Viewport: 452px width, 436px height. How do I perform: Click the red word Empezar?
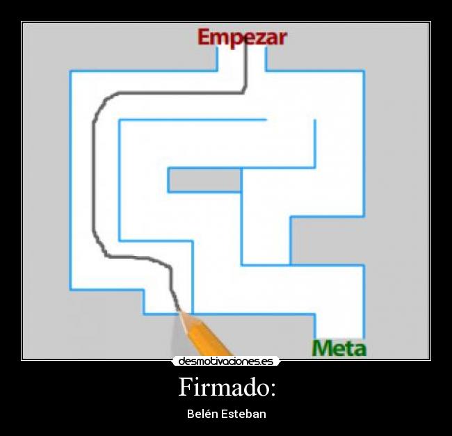coord(241,37)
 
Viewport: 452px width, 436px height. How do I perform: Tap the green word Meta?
coord(339,348)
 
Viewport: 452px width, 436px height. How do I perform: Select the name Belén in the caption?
coord(202,414)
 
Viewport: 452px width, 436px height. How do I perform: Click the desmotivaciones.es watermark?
coord(226,361)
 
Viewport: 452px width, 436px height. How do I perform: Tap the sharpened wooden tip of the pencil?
coord(184,317)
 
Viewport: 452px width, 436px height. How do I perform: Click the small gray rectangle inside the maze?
coord(204,180)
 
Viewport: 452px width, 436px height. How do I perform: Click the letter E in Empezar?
coord(204,37)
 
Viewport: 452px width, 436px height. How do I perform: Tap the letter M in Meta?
coord(322,348)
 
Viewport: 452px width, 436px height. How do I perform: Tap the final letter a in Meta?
coord(360,349)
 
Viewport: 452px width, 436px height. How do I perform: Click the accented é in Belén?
coord(207,414)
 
